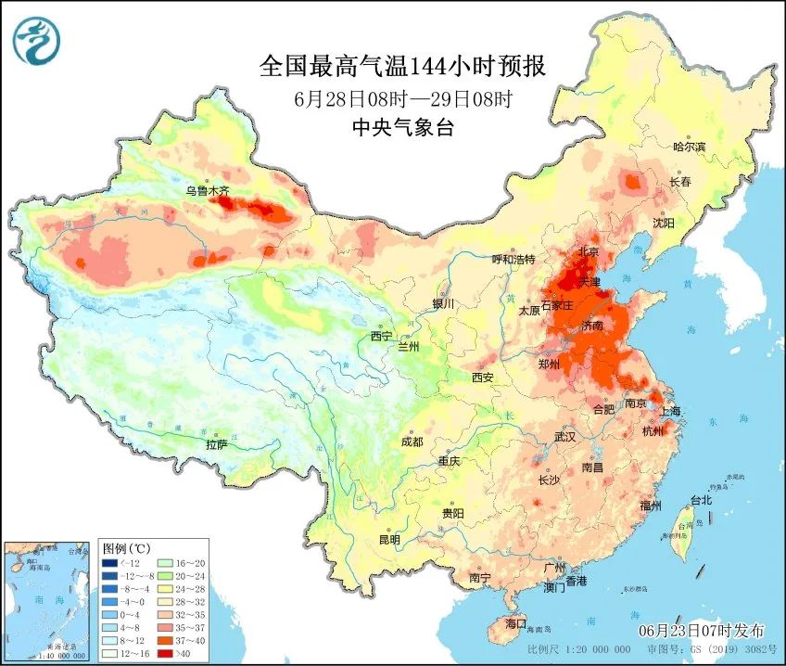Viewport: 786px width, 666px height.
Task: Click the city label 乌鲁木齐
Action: tap(207, 191)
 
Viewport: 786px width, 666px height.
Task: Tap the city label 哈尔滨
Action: tap(689, 147)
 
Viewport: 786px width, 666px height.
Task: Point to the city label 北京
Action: tap(589, 251)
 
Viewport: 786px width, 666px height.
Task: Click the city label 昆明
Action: tap(388, 540)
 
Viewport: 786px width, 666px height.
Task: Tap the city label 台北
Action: tap(700, 500)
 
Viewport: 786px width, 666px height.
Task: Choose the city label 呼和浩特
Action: tap(513, 260)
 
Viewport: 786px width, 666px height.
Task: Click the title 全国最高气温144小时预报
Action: tap(401, 67)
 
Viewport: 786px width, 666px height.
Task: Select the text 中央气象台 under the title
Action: tap(402, 129)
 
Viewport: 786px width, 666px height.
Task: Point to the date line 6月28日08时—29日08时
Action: tap(402, 98)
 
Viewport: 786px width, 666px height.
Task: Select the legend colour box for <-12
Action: tap(109, 563)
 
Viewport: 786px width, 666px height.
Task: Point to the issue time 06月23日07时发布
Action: tap(701, 631)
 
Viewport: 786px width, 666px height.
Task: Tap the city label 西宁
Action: tap(382, 336)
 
